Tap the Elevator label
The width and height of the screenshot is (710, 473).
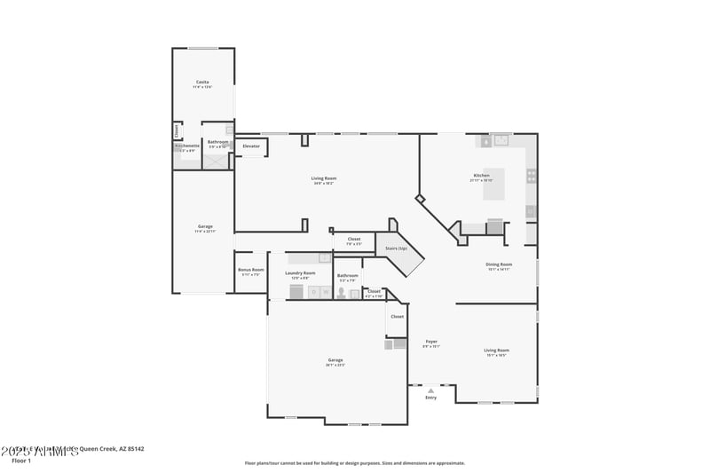click(251, 146)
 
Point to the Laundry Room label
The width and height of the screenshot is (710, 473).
click(300, 273)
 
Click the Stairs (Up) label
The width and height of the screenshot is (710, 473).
click(397, 248)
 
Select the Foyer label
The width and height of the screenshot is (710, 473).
click(431, 342)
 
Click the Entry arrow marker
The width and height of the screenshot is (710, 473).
click(430, 390)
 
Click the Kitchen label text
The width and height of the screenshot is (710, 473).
click(480, 176)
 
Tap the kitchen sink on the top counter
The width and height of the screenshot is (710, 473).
click(501, 139)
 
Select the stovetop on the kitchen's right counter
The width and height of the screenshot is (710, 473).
click(531, 176)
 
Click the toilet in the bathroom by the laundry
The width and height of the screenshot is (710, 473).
click(341, 292)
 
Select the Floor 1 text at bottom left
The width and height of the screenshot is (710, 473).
click(21, 461)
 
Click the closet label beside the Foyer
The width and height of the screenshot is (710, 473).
click(397, 316)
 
